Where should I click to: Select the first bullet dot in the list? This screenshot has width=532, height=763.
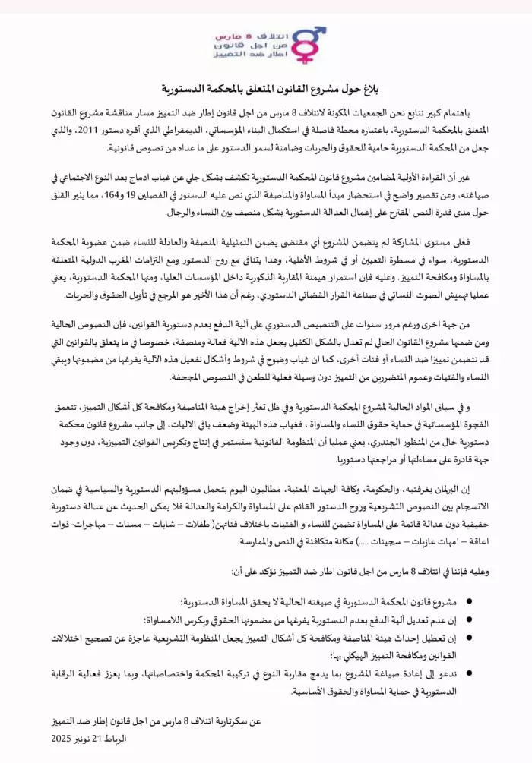pos(468,603)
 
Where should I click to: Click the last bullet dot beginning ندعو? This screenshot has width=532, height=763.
pos(468,673)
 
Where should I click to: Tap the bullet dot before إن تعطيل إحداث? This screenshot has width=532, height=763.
pos(468,638)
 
